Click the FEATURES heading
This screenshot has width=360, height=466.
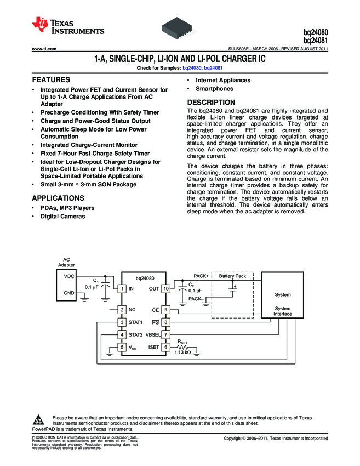(x=51, y=79)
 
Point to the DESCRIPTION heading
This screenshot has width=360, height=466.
(x=212, y=103)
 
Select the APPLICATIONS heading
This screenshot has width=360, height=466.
(x=59, y=198)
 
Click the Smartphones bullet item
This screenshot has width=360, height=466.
(x=214, y=89)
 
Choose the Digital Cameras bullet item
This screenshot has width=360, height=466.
(x=63, y=217)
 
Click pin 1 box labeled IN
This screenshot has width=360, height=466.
(x=122, y=288)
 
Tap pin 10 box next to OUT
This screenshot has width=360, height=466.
(x=165, y=288)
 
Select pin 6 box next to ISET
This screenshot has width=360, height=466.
(x=165, y=346)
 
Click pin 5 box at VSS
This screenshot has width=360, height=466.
(x=122, y=347)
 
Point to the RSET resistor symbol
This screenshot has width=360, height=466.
(x=182, y=346)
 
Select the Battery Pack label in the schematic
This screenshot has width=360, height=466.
(x=232, y=276)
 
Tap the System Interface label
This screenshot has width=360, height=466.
(x=283, y=311)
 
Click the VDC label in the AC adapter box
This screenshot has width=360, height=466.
(x=70, y=276)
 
